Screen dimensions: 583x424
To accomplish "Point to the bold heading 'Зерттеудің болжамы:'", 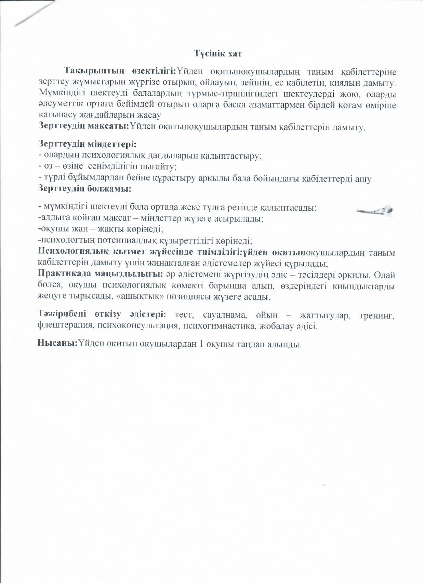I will [85, 188].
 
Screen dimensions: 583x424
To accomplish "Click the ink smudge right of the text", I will [375, 211].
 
